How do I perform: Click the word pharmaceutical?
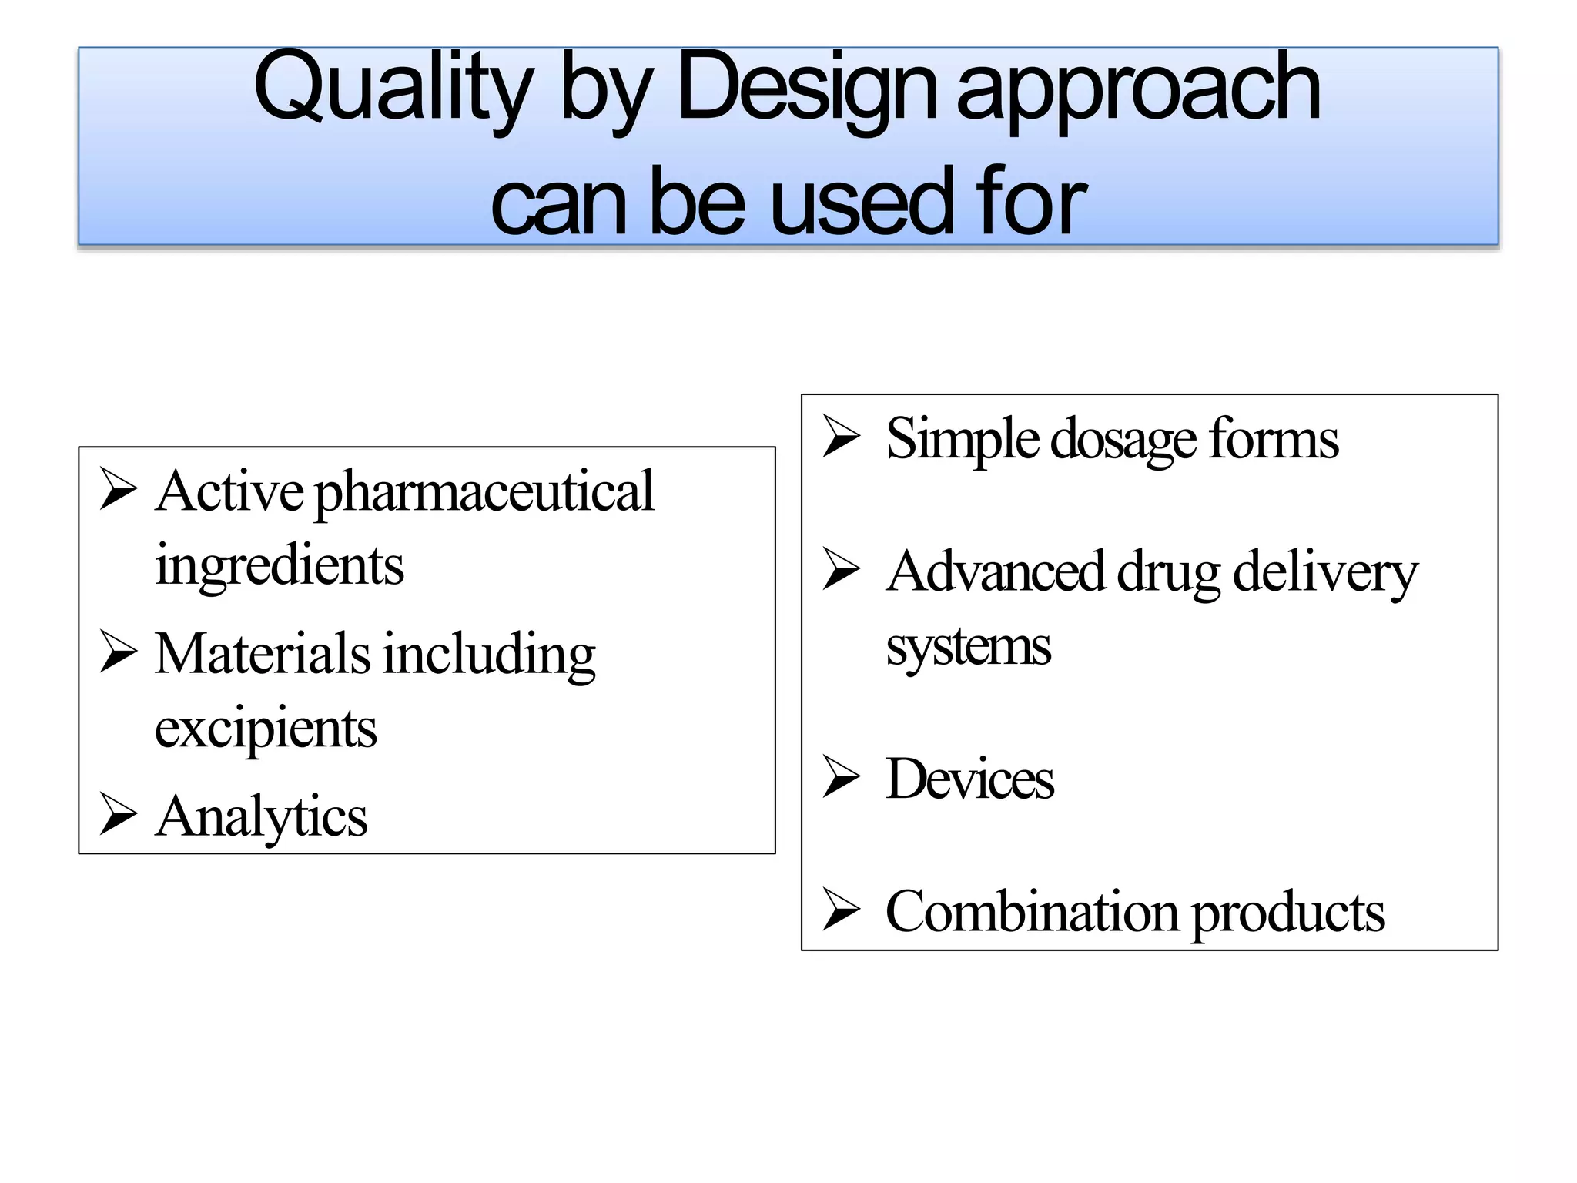tap(484, 492)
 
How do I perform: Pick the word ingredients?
tap(280, 565)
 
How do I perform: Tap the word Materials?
tap(263, 654)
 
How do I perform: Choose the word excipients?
tap(266, 728)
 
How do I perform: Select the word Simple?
tap(963, 439)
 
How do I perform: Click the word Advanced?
tap(996, 572)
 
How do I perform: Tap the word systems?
tap(968, 646)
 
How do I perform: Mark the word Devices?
tap(969, 779)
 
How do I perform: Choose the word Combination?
tap(1032, 912)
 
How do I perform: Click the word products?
tap(1288, 912)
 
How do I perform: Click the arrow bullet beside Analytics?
tap(119, 815)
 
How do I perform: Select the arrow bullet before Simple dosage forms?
tap(841, 437)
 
